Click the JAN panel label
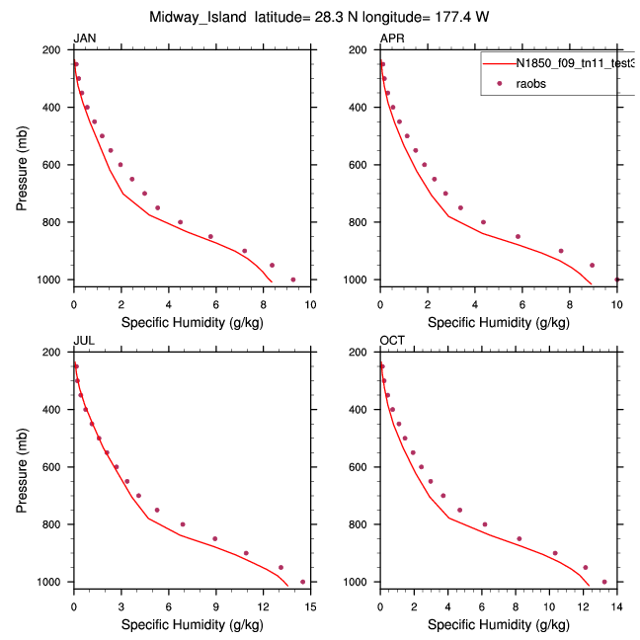coord(85,39)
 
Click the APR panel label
coord(392,39)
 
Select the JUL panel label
coord(84,341)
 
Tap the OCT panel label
coord(392,341)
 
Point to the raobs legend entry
coord(530,84)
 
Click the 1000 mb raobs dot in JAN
coord(293,280)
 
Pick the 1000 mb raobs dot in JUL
coord(302,582)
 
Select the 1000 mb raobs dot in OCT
coord(604,582)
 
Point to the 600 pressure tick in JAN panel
coord(56,165)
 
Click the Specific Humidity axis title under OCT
coord(498,624)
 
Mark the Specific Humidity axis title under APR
coord(498,322)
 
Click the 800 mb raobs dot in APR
coord(483,222)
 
